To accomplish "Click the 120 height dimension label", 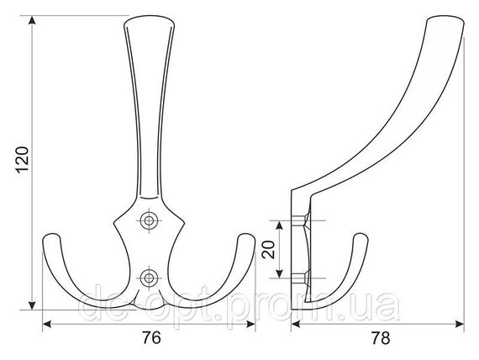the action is click(x=23, y=160).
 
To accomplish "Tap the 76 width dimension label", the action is click(x=151, y=337).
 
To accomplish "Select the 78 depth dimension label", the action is click(x=381, y=338).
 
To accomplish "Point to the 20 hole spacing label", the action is click(x=269, y=250).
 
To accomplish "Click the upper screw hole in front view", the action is click(x=149, y=220).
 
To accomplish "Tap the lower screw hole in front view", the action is click(x=149, y=278).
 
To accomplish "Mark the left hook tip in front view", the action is click(x=51, y=236).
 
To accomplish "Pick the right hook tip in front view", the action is click(x=246, y=236).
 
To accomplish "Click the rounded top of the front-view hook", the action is click(x=149, y=19).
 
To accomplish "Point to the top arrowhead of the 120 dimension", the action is click(x=32, y=20).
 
